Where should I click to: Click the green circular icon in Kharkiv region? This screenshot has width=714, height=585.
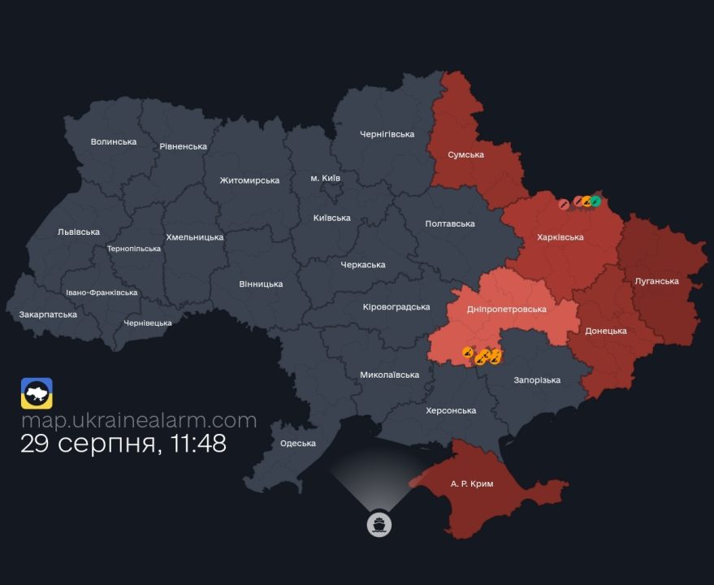click(x=595, y=201)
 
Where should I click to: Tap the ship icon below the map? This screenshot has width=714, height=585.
click(x=379, y=524)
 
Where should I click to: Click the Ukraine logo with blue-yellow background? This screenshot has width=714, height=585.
click(x=37, y=393)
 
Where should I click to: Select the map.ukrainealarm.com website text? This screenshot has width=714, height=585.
click(x=139, y=420)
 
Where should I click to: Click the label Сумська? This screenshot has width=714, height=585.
click(x=465, y=154)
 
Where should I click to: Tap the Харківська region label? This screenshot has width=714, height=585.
click(x=560, y=237)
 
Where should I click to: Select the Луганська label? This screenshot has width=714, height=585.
click(x=656, y=281)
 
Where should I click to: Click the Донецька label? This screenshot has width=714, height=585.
click(x=606, y=331)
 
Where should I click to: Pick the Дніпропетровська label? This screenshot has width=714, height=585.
click(x=507, y=309)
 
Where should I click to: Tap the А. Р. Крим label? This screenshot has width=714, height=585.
click(x=472, y=483)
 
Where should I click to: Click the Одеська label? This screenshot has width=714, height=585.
click(x=298, y=443)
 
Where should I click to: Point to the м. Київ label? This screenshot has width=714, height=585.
click(x=326, y=177)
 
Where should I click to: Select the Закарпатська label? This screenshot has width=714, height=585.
click(x=48, y=314)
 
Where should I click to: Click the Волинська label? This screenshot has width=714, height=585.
click(x=114, y=141)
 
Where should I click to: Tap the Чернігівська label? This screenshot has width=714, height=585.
click(x=387, y=134)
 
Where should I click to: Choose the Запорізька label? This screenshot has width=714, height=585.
click(x=537, y=379)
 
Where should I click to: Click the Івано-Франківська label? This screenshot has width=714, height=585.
click(x=102, y=292)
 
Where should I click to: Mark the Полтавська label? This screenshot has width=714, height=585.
click(x=450, y=223)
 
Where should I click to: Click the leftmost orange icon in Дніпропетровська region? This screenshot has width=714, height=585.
click(x=468, y=352)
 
